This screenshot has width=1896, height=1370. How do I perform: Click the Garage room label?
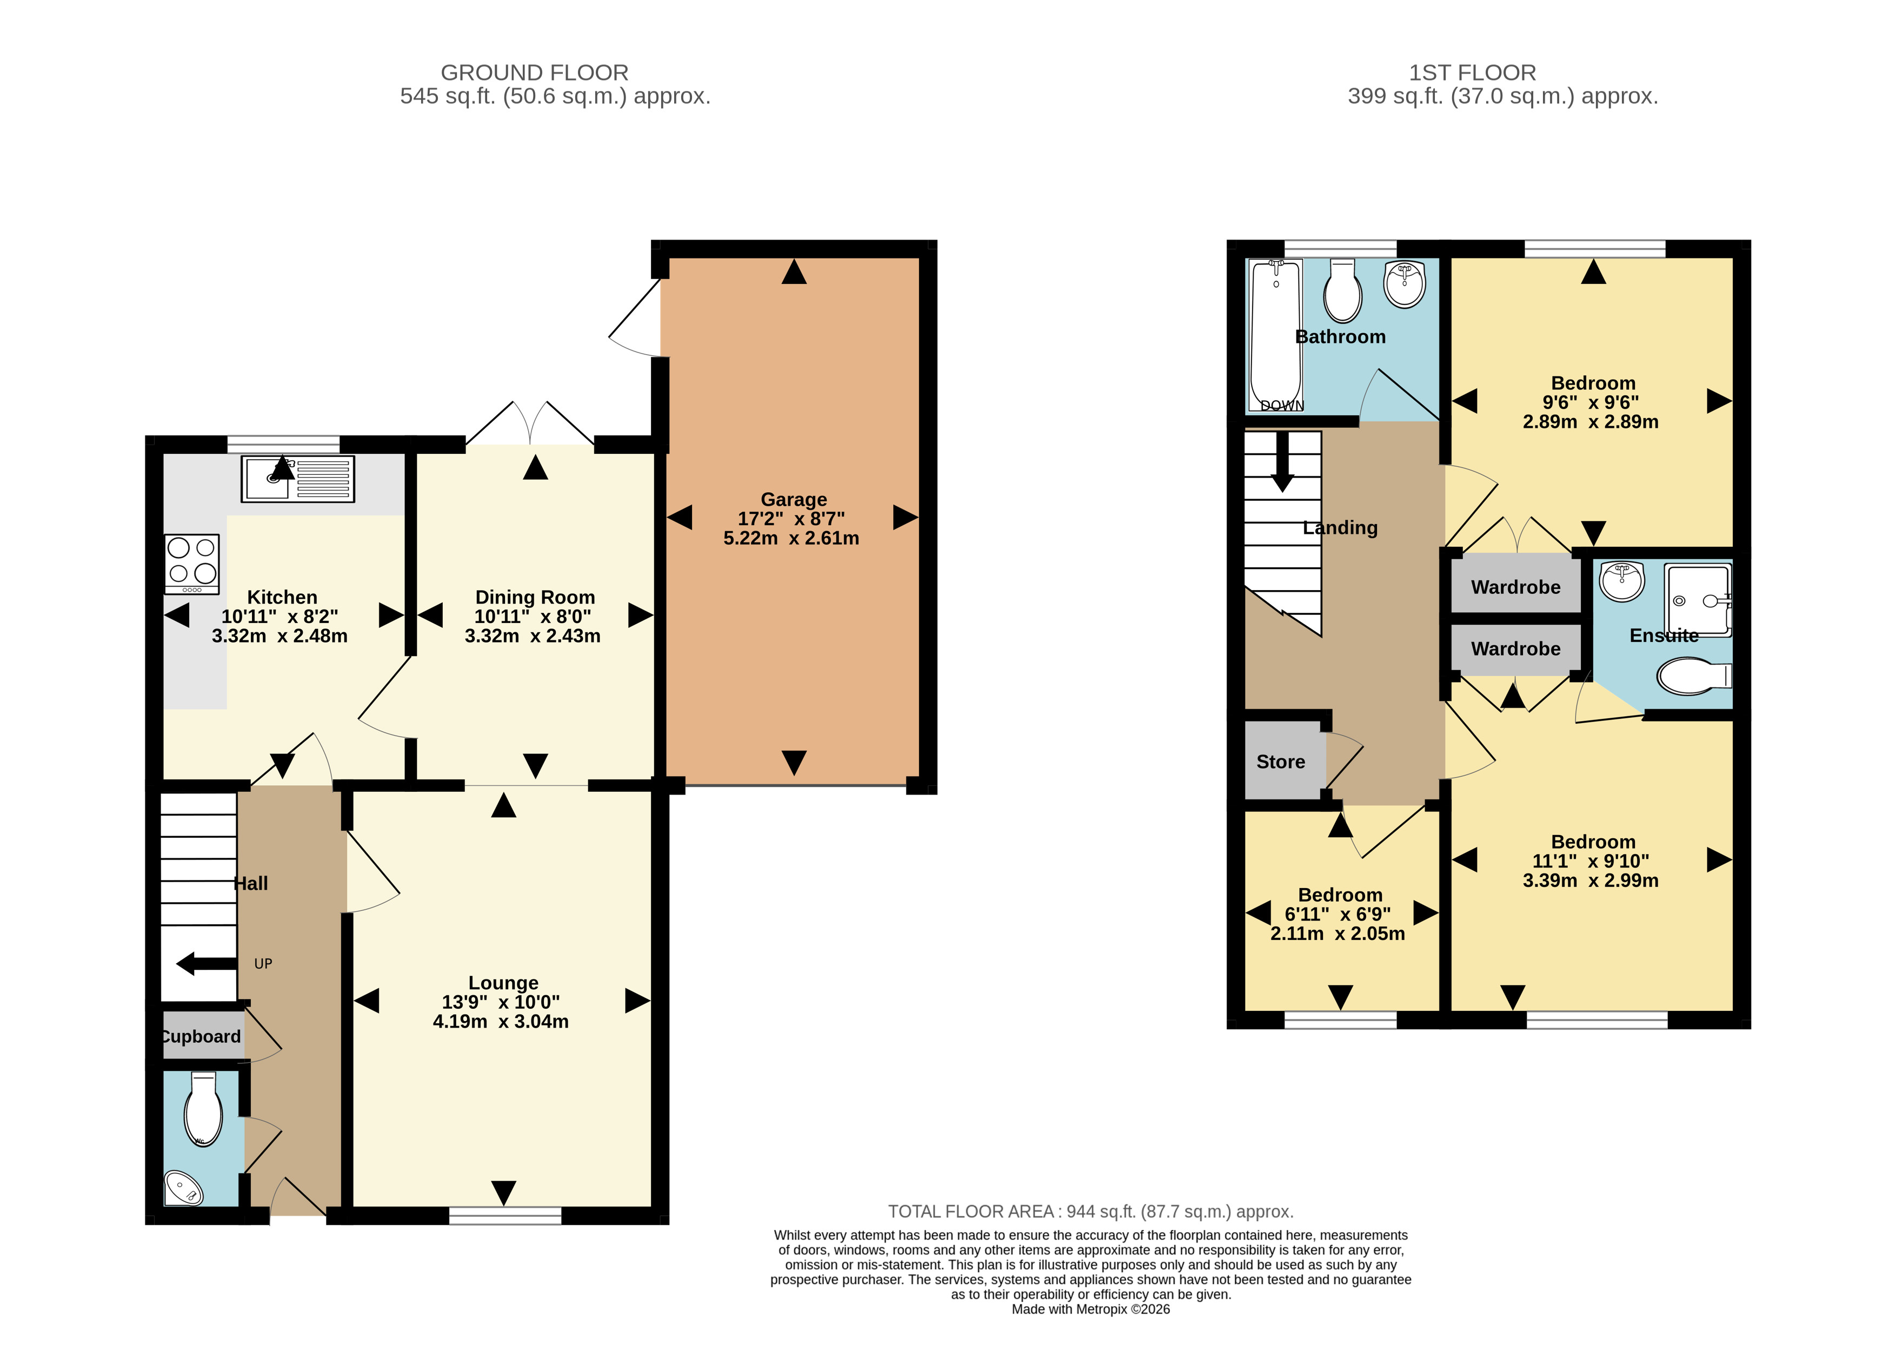(x=793, y=499)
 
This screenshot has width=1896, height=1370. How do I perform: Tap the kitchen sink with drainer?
(x=297, y=479)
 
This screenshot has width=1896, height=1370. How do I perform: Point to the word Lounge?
(x=503, y=983)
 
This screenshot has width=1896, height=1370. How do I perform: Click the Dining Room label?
(x=535, y=597)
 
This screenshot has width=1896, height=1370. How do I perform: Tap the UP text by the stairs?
(x=263, y=963)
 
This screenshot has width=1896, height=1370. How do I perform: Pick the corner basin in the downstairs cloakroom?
(x=182, y=1188)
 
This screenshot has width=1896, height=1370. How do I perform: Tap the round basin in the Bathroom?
(x=1405, y=285)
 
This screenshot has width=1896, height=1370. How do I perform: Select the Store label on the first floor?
(x=1281, y=762)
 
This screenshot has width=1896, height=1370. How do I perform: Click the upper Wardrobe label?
(x=1515, y=587)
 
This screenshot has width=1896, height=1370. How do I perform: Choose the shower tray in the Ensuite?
(x=1698, y=600)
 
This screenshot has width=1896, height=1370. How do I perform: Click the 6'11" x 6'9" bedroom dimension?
(x=1338, y=914)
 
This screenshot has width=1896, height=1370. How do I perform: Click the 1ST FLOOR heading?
(x=1472, y=73)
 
